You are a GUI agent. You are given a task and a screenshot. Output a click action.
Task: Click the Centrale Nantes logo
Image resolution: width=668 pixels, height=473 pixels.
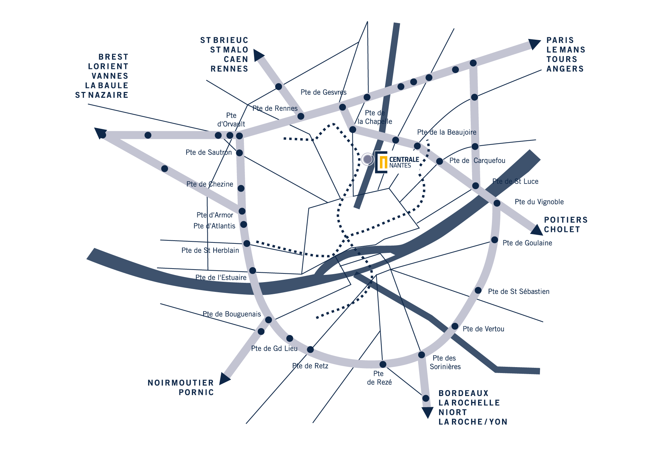[397, 162]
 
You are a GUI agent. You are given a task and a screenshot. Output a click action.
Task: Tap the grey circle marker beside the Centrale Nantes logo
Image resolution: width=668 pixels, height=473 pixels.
[367, 159]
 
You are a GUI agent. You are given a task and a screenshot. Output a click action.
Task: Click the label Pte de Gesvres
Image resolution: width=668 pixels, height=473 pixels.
[324, 92]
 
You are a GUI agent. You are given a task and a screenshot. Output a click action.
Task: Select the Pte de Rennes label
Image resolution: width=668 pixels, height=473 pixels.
[275, 109]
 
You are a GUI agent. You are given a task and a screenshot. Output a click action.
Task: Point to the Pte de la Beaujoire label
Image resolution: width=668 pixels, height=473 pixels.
[447, 132]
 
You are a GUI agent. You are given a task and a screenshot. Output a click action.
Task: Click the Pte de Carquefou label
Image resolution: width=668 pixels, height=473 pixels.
[477, 161]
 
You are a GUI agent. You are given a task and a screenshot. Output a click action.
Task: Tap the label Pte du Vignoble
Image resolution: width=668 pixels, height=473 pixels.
[539, 202]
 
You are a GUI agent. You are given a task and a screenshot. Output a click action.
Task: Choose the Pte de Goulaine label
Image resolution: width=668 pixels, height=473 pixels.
[527, 243]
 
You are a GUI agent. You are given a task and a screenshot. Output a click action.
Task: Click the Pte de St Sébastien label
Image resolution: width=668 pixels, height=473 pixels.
[518, 292]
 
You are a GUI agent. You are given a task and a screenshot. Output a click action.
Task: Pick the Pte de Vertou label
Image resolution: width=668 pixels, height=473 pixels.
[483, 329]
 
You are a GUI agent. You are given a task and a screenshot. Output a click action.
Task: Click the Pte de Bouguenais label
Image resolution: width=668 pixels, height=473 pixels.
[232, 314]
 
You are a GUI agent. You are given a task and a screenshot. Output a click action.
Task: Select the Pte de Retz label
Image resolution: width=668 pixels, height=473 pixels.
[310, 366]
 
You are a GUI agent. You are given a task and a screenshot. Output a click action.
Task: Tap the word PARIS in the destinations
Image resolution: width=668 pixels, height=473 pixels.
[560, 40]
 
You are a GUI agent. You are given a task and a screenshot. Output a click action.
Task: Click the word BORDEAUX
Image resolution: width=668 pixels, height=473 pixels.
[463, 393]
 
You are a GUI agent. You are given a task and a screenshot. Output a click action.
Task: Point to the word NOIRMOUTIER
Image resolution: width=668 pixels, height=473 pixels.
[181, 383]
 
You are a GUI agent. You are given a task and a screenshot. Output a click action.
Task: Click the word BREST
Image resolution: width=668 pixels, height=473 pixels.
[113, 57]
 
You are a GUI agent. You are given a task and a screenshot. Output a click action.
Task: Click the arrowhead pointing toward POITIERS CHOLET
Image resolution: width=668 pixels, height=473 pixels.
[536, 230]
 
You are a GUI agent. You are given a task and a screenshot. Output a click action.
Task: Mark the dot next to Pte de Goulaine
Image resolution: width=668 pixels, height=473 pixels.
[494, 240]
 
